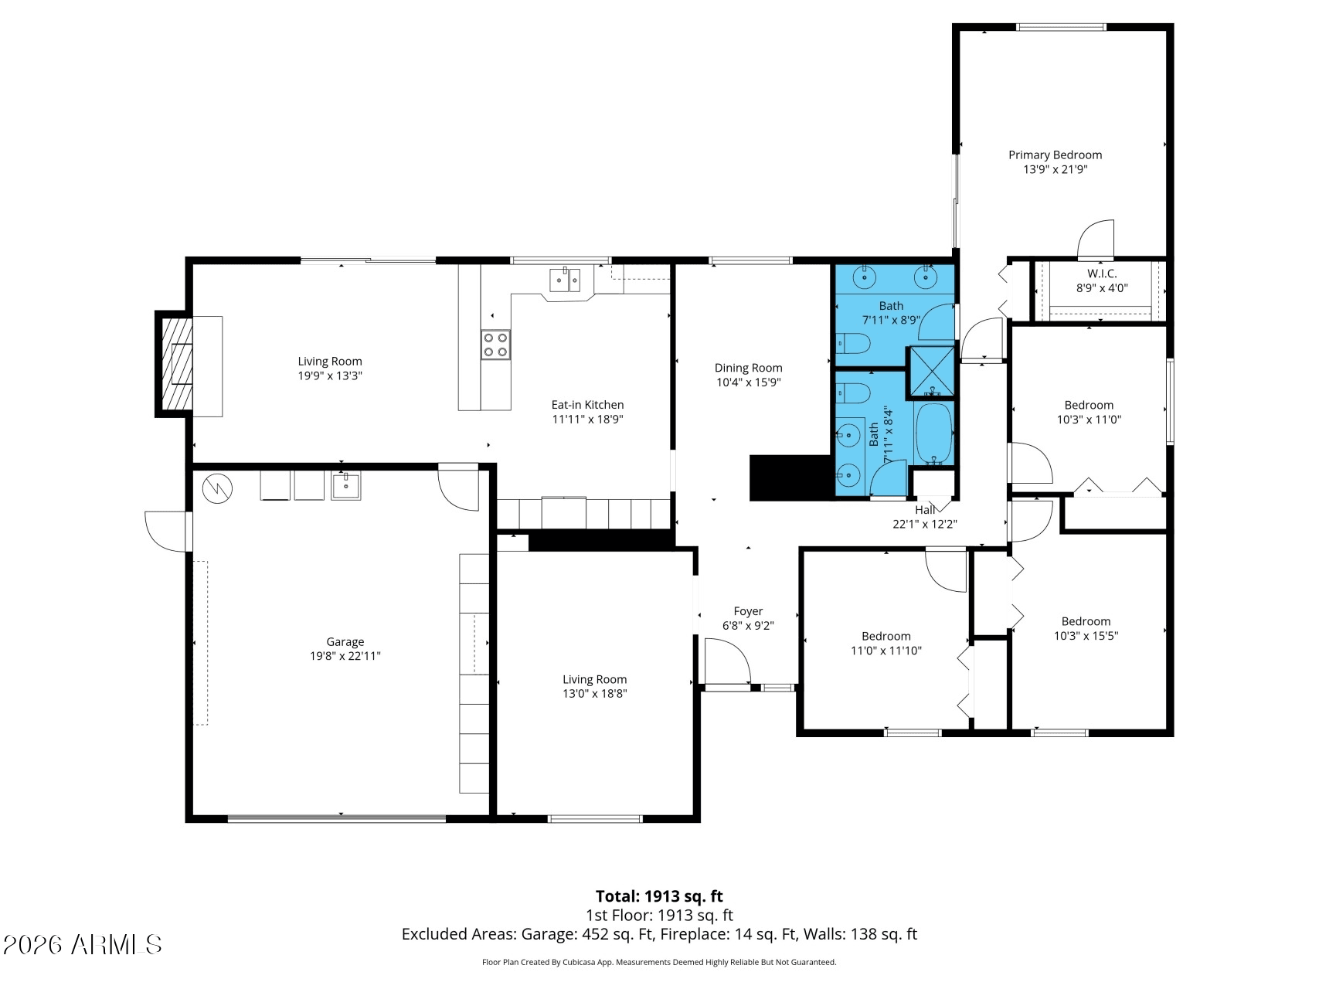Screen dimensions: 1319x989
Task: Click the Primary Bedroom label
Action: (1055, 155)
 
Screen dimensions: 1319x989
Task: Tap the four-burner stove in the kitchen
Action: (496, 345)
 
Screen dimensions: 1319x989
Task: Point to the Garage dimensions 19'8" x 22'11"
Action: (345, 656)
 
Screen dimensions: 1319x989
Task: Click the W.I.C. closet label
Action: (1102, 274)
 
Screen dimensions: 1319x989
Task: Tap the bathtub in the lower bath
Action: (934, 434)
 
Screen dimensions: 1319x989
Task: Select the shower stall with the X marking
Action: (931, 372)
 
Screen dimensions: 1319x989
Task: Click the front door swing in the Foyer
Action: (728, 661)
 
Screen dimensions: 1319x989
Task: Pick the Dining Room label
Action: (748, 368)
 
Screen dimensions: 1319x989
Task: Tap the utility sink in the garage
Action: (346, 485)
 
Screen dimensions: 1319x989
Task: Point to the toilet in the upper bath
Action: (852, 343)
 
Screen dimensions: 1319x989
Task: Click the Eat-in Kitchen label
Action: (587, 405)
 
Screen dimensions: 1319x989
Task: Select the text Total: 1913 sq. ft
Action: (659, 896)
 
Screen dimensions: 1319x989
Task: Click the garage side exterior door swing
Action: (167, 531)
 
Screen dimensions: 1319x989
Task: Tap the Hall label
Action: (925, 510)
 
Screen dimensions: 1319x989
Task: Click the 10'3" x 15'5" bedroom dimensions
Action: (1086, 636)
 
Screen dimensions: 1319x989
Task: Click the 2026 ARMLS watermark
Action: (83, 944)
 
